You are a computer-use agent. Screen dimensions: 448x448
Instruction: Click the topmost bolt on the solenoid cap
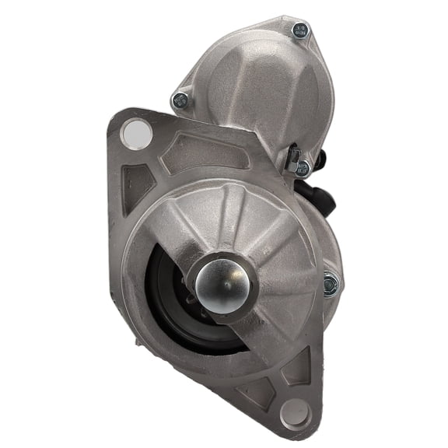(300, 30)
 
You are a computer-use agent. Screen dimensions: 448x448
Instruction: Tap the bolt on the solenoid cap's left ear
(180, 100)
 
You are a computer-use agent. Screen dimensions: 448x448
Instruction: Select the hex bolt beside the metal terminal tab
(302, 166)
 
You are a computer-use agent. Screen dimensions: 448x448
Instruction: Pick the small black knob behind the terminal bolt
(320, 159)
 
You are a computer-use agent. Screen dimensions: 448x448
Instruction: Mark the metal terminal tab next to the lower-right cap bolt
(292, 159)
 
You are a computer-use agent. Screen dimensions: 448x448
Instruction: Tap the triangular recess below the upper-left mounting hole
(137, 183)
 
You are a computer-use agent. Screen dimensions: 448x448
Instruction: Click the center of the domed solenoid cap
(257, 89)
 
